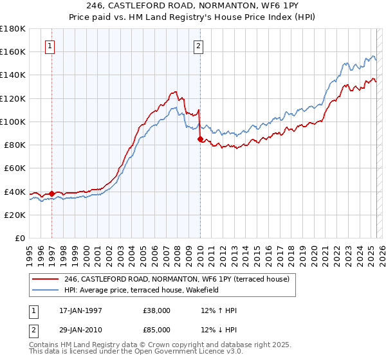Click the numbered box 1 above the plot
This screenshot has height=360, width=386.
tap(51, 46)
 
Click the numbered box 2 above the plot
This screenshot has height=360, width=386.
tap(199, 46)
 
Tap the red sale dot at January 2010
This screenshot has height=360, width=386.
tap(200, 139)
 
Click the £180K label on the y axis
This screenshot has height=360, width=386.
tap(13, 29)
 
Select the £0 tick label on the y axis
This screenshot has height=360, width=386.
tap(21, 238)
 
